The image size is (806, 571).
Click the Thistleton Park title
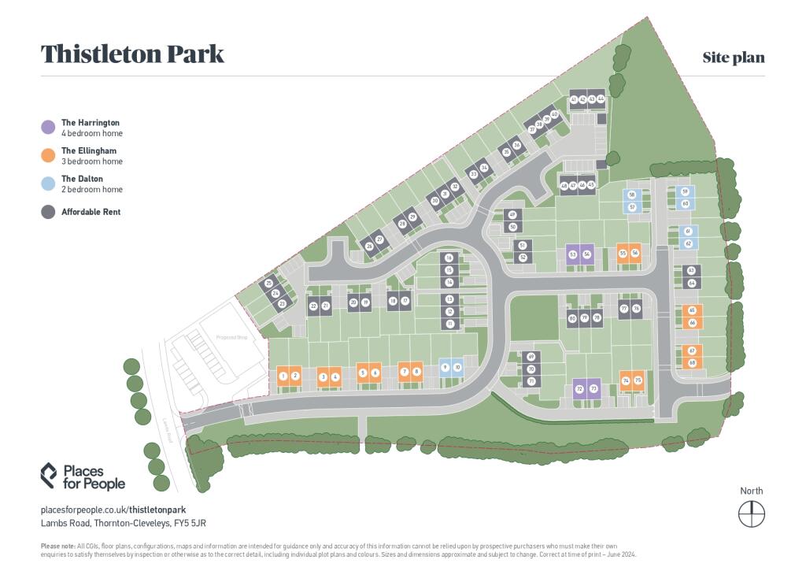132,54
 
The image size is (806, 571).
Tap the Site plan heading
734,57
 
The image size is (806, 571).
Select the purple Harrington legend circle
49,127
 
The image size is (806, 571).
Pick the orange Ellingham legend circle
49,155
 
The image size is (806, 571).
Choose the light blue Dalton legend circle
49,184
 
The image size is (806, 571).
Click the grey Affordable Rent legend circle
49,212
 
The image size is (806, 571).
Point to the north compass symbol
751,514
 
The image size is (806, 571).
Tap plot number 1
283,376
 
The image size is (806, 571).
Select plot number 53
573,254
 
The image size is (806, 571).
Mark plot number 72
579,389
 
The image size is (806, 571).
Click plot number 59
685,192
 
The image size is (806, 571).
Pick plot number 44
601,99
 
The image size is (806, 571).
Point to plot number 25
268,284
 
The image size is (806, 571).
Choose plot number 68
692,363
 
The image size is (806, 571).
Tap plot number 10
457,368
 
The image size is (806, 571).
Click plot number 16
449,258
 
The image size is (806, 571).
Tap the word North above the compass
751,491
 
